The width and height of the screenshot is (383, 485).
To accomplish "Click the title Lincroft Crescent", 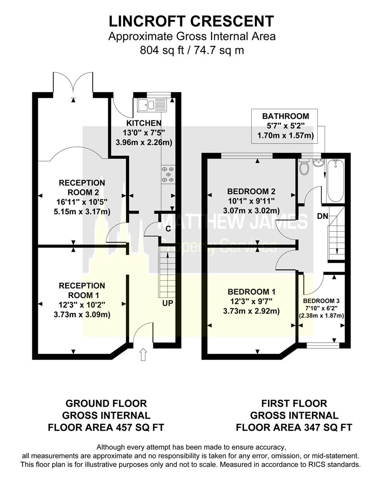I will point(191,21).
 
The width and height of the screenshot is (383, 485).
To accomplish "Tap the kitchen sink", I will point(152,106).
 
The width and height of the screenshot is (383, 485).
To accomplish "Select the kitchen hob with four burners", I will point(168,174).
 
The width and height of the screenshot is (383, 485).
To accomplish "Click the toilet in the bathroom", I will point(304,168).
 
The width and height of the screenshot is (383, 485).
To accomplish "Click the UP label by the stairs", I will point(168,304).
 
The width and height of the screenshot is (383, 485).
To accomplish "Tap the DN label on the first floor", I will point(322,216).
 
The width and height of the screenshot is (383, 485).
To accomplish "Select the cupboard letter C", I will point(168,229).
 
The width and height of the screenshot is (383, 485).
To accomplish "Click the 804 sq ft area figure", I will point(160,50).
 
